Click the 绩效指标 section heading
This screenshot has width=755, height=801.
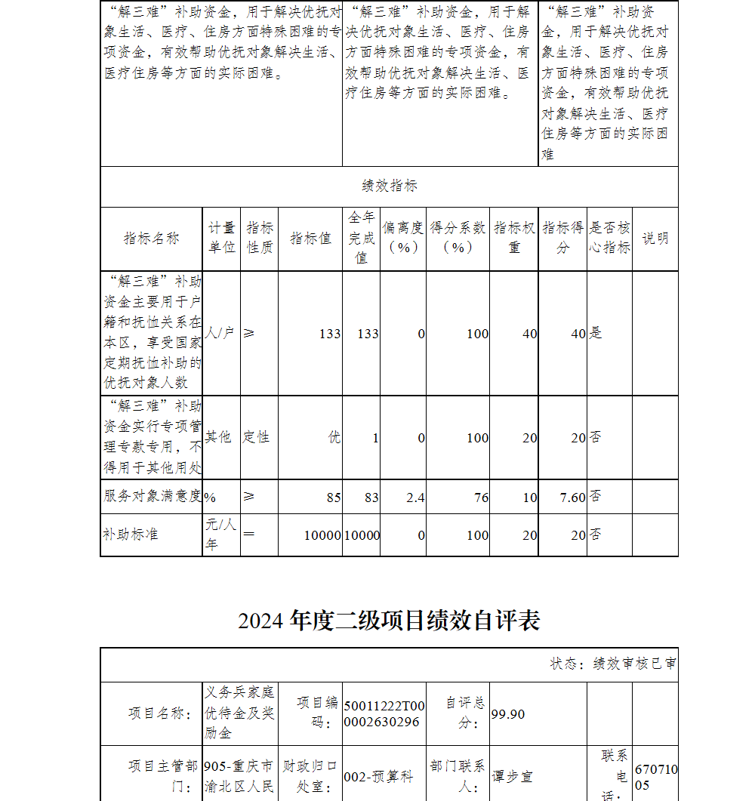390,186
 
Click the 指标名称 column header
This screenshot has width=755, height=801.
152,239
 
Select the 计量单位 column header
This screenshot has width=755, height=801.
221,238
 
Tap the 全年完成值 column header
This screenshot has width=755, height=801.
361,238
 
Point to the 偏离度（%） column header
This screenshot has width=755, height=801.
402,238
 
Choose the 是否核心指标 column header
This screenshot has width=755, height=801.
609,238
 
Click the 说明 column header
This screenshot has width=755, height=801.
655,239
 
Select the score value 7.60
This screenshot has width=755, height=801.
572,498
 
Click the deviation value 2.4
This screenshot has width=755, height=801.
414,498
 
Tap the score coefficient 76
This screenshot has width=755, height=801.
481,498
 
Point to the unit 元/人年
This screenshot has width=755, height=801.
221,535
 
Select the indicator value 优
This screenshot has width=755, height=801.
334,437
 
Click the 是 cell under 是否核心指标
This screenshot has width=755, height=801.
596,333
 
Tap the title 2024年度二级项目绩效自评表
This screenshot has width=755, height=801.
389,621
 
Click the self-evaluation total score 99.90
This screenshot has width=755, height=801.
507,714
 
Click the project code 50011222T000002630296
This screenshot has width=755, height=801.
384,714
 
